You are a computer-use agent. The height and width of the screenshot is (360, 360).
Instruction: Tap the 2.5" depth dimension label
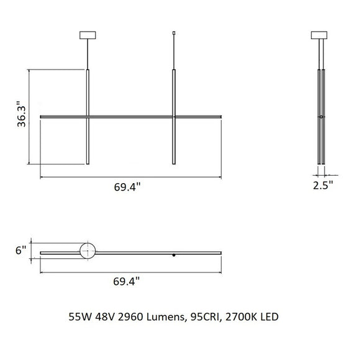tap(322, 184)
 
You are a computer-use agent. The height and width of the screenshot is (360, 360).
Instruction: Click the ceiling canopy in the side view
tap(321, 35)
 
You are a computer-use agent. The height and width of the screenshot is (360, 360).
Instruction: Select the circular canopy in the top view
tap(88, 251)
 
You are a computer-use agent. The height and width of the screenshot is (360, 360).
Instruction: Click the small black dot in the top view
tap(174, 254)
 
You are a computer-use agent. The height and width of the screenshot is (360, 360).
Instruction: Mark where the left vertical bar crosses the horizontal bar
tap(88, 116)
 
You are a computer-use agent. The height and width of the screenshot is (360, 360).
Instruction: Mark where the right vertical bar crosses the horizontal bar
tap(173, 116)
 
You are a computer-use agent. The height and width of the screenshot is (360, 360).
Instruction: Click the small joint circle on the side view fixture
tap(321, 117)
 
